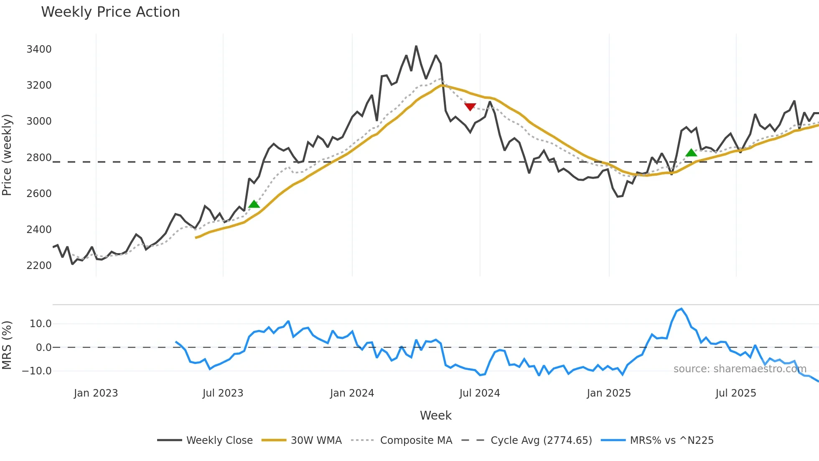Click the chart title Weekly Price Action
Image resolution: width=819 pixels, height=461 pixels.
coord(110,12)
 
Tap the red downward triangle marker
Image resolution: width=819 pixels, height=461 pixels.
coord(470,107)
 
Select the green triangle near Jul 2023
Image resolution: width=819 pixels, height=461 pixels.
coord(254,204)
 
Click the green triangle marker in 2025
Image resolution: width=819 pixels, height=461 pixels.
coord(691,153)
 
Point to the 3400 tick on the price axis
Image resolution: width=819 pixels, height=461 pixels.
coord(39,49)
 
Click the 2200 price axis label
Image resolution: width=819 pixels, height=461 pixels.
coord(39,266)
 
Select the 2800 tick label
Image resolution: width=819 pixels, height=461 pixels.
coord(39,158)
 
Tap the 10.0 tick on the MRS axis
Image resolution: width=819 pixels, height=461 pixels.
coord(41,324)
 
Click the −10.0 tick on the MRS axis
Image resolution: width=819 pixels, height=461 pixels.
coord(37,371)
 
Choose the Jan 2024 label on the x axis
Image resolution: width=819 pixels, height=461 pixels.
coord(352,393)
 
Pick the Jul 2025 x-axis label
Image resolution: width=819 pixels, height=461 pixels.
coord(735,393)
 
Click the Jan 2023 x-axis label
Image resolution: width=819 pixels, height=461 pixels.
coord(96,393)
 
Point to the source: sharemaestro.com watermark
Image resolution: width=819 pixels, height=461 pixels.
coord(740,369)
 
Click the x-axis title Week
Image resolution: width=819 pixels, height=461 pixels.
coord(435,415)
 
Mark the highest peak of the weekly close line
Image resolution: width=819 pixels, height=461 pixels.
coord(416,46)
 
